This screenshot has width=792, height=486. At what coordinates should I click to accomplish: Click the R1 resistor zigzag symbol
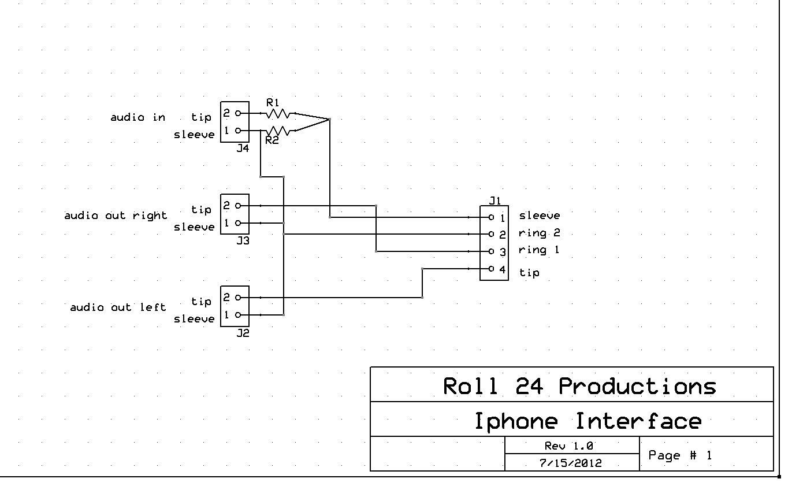(x=278, y=113)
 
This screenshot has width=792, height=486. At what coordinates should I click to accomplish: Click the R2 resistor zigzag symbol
(x=278, y=131)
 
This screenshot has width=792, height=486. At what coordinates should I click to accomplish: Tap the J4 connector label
(x=243, y=148)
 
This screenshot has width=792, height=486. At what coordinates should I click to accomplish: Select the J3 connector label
(x=243, y=240)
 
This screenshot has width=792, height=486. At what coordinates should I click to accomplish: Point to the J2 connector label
(x=243, y=333)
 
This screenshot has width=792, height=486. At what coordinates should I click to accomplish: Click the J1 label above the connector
(x=495, y=201)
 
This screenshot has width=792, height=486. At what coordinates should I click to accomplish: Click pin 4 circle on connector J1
(x=491, y=269)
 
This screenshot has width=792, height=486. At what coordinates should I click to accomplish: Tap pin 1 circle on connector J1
(x=491, y=217)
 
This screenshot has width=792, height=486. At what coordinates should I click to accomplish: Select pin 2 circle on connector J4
(x=238, y=113)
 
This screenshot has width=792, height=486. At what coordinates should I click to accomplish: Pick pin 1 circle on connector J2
(x=238, y=315)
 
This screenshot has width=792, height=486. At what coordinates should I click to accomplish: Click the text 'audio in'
(x=138, y=117)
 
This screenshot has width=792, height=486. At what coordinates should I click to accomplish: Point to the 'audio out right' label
(x=116, y=216)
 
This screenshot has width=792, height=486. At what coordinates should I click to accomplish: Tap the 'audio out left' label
(x=118, y=307)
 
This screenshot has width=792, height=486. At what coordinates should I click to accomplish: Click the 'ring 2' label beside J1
(x=539, y=233)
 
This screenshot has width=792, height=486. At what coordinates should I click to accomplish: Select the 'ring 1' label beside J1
(x=538, y=250)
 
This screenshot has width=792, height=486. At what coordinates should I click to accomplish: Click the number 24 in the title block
(x=529, y=386)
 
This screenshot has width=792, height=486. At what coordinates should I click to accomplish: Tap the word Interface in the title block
(x=638, y=421)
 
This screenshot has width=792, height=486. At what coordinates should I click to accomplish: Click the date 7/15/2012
(x=570, y=463)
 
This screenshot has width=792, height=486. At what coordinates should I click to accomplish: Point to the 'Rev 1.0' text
(x=568, y=446)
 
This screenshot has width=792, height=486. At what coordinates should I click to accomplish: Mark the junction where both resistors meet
(x=329, y=119)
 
